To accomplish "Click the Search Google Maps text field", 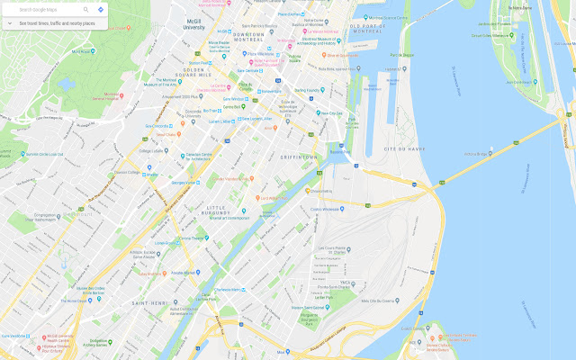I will coord(45,9).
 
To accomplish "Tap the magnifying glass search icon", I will coord(86,9).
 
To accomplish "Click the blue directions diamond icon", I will coord(100,9).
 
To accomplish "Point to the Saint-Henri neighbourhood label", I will coord(148,303).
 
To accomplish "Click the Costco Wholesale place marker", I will coord(327,209).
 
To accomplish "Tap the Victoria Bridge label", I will coord(475,154).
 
